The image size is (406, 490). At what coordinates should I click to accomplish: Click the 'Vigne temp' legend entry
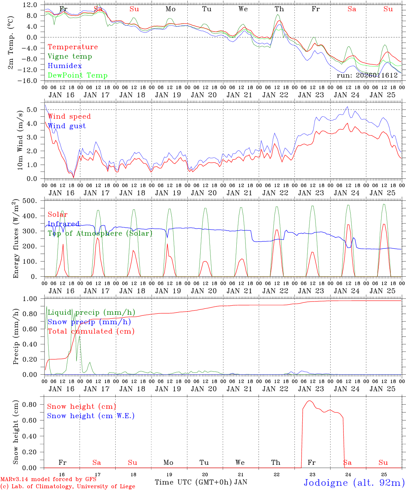[70, 56]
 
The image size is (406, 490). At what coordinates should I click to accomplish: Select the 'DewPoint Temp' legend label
[78, 76]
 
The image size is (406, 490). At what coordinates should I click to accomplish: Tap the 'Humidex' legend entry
[65, 66]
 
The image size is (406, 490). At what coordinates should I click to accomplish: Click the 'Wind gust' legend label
[67, 126]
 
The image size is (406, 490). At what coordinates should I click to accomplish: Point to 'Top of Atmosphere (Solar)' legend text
[100, 233]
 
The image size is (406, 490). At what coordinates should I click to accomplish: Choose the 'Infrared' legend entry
[64, 224]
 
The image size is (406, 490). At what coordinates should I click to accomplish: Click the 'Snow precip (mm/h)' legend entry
[89, 322]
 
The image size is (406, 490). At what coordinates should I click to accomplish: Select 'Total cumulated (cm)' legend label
[91, 331]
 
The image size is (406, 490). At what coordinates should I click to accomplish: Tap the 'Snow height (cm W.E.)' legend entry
[90, 416]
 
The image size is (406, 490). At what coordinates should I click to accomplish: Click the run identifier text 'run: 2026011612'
[367, 76]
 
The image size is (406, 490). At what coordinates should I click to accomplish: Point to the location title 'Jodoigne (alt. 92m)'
[354, 483]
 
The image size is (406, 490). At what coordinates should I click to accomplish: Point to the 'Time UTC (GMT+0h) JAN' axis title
[201, 482]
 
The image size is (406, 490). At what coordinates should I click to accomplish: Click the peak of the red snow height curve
[309, 401]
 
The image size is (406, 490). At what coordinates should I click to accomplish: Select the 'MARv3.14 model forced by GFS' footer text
[48, 479]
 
